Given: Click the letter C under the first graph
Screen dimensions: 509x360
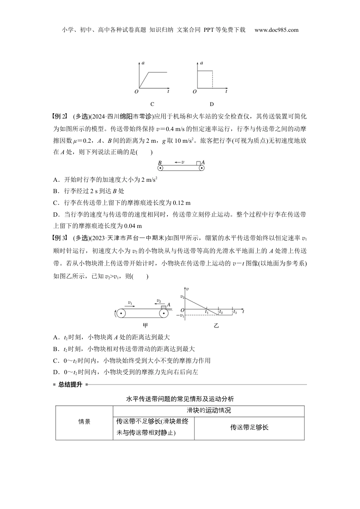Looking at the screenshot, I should (x=152, y=104).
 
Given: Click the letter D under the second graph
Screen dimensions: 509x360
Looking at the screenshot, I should (x=211, y=104).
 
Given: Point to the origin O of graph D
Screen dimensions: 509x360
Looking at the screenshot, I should (x=195, y=92).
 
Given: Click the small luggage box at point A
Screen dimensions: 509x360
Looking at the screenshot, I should (x=198, y=163).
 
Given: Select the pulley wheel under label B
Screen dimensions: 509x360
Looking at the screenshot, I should (x=160, y=167).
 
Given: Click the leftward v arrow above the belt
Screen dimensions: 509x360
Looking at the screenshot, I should (x=180, y=162).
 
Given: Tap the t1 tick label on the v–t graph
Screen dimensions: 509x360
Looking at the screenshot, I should (x=207, y=312).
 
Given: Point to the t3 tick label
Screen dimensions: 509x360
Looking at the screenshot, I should (x=235, y=312).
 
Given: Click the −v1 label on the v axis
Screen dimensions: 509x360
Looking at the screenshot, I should (x=180, y=315).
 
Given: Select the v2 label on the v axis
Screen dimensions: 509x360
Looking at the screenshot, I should (x=182, y=297).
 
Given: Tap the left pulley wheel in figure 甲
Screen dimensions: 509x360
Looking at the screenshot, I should (x=121, y=314).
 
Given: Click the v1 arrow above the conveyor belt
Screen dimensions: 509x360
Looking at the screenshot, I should (x=131, y=303).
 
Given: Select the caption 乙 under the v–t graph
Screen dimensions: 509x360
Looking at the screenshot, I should (x=216, y=325).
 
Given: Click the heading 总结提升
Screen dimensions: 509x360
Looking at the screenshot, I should (x=70, y=384).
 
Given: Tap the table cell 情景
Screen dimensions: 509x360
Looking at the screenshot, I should (x=84, y=422).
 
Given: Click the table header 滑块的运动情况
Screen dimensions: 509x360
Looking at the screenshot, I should (x=209, y=411).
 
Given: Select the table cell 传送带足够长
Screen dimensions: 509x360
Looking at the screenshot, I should (x=249, y=427).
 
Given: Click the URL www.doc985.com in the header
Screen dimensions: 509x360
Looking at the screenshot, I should (x=276, y=30).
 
